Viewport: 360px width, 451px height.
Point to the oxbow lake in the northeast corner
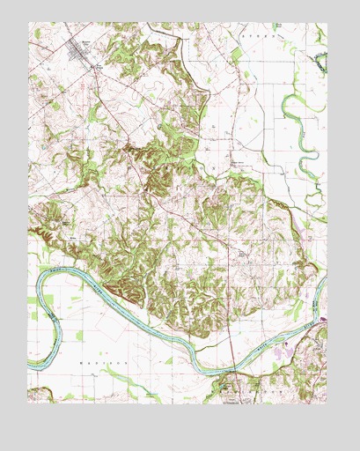319,61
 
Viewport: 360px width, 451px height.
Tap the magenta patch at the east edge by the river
322,319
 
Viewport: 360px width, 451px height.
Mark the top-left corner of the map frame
28,23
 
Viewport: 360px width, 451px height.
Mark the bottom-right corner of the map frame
327,403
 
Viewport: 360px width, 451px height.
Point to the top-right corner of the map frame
327,23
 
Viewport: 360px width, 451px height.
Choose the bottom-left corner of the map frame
28,403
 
